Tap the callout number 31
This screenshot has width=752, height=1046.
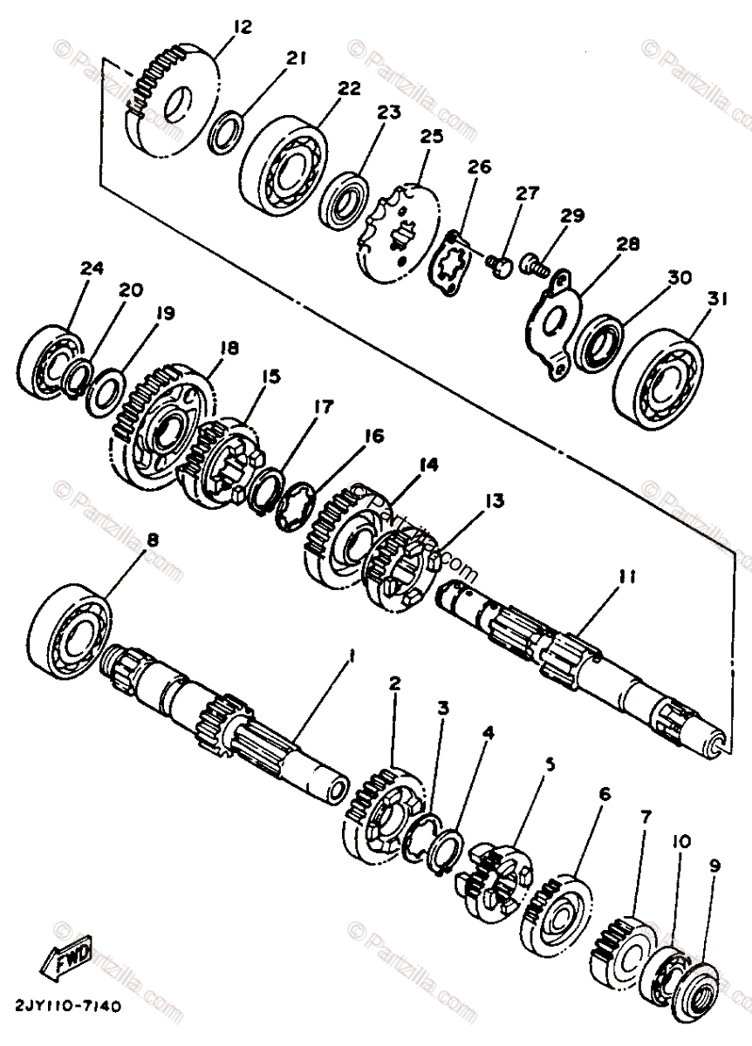(x=716, y=299)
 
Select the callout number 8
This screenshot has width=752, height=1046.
(x=153, y=540)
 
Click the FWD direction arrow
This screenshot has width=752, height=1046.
(x=65, y=961)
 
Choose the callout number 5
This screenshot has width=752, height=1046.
(x=550, y=765)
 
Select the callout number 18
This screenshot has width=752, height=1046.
(x=229, y=347)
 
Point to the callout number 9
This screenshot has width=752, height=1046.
(x=714, y=866)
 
